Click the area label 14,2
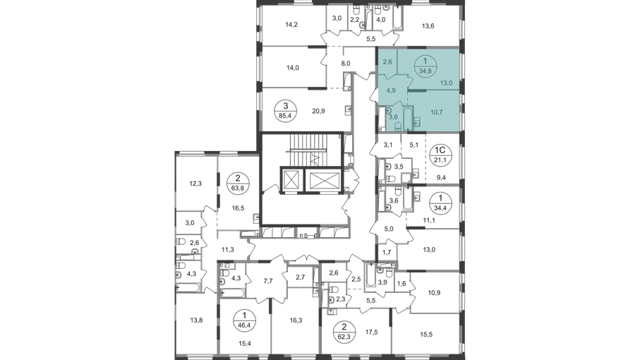pyautogui.click(x=291, y=25)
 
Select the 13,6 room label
pyautogui.click(x=428, y=26)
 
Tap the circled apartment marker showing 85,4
pyautogui.click(x=286, y=110)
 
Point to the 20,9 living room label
pyautogui.click(x=318, y=111)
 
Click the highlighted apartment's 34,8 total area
pyautogui.click(x=425, y=70)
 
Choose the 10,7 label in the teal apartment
pyautogui.click(x=436, y=112)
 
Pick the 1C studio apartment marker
pyautogui.click(x=440, y=155)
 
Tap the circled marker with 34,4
pyautogui.click(x=440, y=202)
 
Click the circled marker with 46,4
pyautogui.click(x=244, y=320)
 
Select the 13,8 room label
pyautogui.click(x=196, y=320)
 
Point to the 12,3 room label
pyautogui.click(x=195, y=184)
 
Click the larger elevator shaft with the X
pyautogui.click(x=325, y=180)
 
